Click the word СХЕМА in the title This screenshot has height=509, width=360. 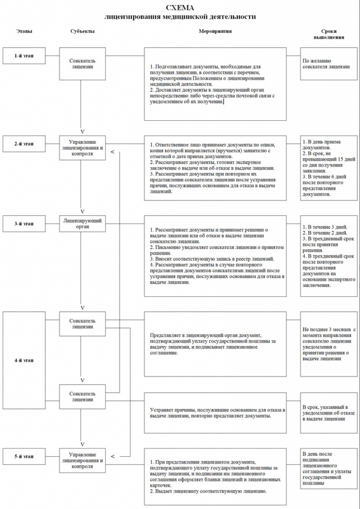(180, 8)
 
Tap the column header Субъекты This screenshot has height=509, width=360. (83, 31)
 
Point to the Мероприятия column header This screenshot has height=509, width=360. (215, 31)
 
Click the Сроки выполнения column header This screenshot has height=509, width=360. (329, 34)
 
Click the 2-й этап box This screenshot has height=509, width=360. (24, 144)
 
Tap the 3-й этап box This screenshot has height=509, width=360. (24, 224)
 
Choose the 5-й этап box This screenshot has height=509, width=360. (24, 456)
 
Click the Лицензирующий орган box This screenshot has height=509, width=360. (83, 224)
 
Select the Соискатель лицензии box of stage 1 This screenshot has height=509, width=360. (83, 63)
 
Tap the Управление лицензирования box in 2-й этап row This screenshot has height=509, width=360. (83, 148)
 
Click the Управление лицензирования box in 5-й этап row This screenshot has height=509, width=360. (83, 460)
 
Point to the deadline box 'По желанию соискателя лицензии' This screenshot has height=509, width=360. (328, 62)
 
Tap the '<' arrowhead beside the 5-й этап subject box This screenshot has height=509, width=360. (113, 456)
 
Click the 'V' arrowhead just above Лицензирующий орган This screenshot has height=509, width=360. (83, 209)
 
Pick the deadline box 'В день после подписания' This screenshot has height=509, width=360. (328, 467)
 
